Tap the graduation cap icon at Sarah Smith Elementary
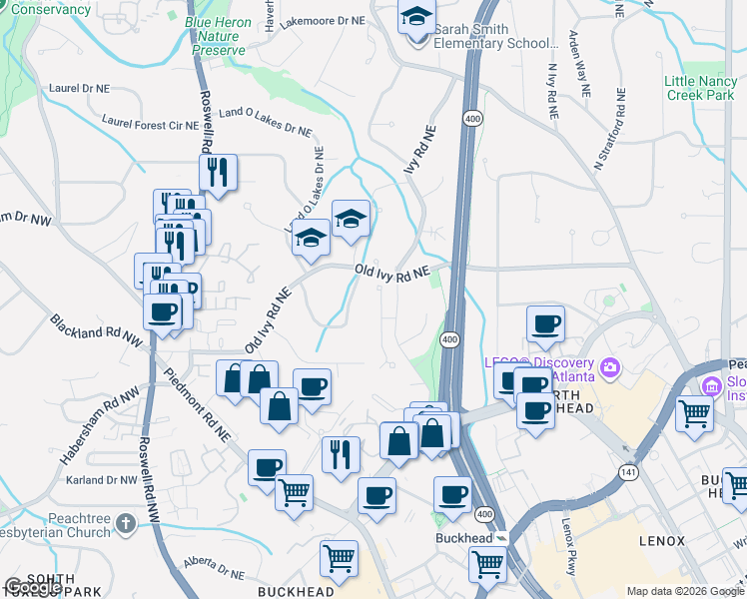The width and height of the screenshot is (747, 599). (414, 18)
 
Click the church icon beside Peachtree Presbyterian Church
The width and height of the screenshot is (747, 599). (125, 522)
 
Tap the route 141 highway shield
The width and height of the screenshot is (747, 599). (631, 474)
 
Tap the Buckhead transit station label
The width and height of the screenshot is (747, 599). (464, 537)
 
